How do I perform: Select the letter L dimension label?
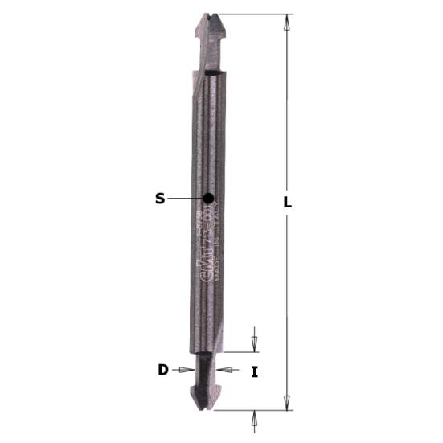click(x=287, y=203)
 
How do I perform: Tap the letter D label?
click(x=163, y=370)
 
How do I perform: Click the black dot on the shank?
click(x=208, y=198)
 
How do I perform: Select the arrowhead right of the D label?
click(x=188, y=370)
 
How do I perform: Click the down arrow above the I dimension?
click(x=255, y=343)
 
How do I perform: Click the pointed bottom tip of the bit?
click(x=207, y=409)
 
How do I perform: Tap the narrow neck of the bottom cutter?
click(x=207, y=370)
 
